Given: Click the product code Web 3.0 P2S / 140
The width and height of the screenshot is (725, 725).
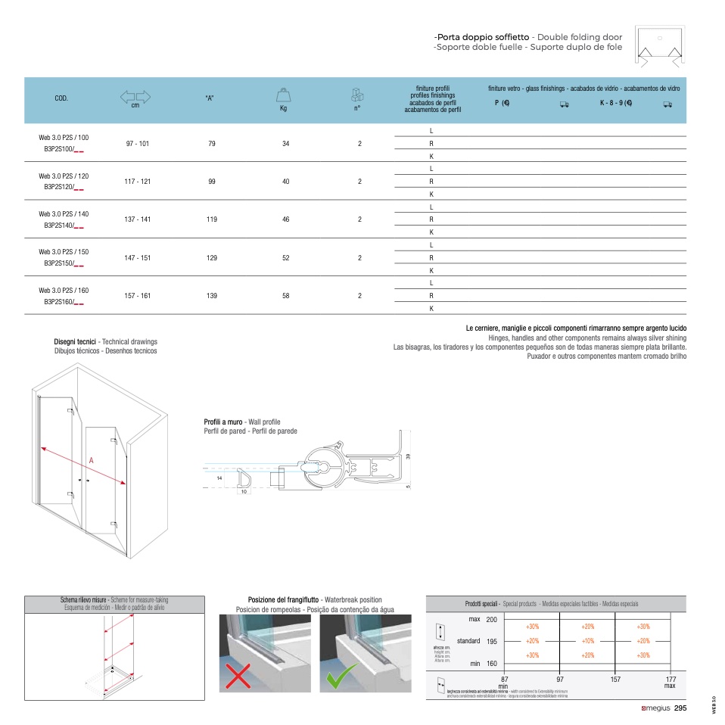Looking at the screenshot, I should click(x=64, y=214).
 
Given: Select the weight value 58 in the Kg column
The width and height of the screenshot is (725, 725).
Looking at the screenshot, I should click(x=285, y=296).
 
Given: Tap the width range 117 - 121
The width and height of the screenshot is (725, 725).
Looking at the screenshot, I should click(x=138, y=182).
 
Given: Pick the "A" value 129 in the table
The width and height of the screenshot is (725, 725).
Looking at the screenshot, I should click(x=211, y=258).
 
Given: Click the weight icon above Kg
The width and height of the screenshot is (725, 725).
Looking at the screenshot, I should click(x=284, y=95).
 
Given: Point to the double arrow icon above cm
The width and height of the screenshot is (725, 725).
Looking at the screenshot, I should click(x=135, y=96).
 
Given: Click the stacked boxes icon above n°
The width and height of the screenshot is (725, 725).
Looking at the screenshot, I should click(x=357, y=95).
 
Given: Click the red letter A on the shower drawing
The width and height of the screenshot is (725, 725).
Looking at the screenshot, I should click(x=91, y=460).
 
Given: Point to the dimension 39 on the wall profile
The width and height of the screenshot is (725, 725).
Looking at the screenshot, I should click(x=407, y=456).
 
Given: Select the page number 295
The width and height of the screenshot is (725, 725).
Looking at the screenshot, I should click(x=680, y=708).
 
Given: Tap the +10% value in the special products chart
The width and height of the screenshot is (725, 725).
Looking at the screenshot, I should click(x=587, y=641).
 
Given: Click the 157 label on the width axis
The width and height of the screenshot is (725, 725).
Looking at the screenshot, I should click(x=615, y=680).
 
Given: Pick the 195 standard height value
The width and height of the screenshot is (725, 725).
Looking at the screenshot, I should click(x=491, y=641).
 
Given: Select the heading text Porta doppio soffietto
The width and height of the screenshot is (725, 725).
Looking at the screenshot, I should click(x=482, y=37).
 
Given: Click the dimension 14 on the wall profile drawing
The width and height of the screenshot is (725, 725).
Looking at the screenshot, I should click(x=218, y=479).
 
